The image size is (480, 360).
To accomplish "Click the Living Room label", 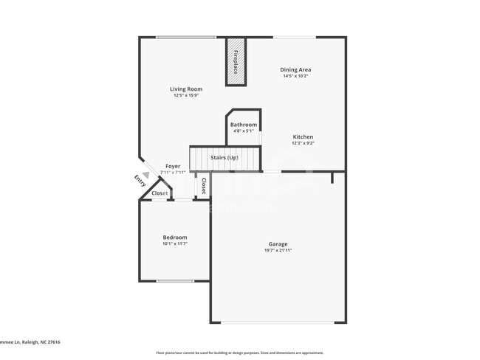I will (186, 89).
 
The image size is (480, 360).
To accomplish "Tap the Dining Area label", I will (295, 70).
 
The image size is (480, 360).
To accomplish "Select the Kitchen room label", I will (303, 137).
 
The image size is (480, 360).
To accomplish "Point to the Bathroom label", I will (244, 125).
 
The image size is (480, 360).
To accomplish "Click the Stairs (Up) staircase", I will (225, 158).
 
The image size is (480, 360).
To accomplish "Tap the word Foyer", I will (173, 167).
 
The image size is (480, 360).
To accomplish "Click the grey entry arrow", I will (146, 175).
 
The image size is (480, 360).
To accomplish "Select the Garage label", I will (278, 244).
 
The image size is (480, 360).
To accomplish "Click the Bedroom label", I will (175, 238).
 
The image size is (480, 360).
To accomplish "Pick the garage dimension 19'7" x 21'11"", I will (278, 251).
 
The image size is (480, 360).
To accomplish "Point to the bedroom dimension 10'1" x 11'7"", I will (175, 244).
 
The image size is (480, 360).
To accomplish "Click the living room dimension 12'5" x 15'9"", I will (186, 95).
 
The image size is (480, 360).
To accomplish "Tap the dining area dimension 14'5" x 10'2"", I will (295, 76).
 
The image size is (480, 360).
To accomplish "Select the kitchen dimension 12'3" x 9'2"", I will (303, 143).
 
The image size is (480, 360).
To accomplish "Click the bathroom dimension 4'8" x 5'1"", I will (244, 131).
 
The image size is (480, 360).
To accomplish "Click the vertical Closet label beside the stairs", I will (204, 185).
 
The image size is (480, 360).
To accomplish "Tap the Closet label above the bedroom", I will (160, 193).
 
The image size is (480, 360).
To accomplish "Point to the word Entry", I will (140, 181).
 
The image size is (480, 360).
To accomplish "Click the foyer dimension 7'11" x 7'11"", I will (173, 173).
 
